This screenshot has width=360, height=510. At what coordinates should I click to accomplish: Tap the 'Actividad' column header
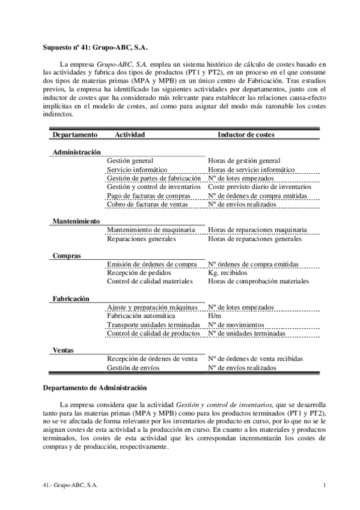130,135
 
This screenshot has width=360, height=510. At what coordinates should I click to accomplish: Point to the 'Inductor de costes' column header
246,135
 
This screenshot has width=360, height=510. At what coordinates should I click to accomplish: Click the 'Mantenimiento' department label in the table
76,221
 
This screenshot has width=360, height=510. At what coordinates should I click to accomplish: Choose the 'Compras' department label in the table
66,256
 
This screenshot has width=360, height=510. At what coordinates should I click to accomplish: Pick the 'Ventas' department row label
64,349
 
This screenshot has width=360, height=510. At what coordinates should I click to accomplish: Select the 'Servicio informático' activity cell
137,170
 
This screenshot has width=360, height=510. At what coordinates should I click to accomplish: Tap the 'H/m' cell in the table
213,315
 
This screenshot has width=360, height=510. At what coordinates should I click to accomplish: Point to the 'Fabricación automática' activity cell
141,315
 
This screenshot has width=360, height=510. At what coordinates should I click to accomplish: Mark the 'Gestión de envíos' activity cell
132,367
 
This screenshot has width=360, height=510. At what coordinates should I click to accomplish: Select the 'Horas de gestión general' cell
243,161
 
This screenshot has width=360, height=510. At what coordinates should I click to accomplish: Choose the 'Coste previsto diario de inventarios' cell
260,187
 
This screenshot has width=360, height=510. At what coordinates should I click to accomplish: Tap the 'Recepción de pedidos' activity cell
138,272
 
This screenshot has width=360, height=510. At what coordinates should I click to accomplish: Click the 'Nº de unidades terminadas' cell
247,333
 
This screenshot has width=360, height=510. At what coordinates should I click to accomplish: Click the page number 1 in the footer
324,485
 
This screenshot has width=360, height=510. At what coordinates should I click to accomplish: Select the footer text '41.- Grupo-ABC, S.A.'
71,485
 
